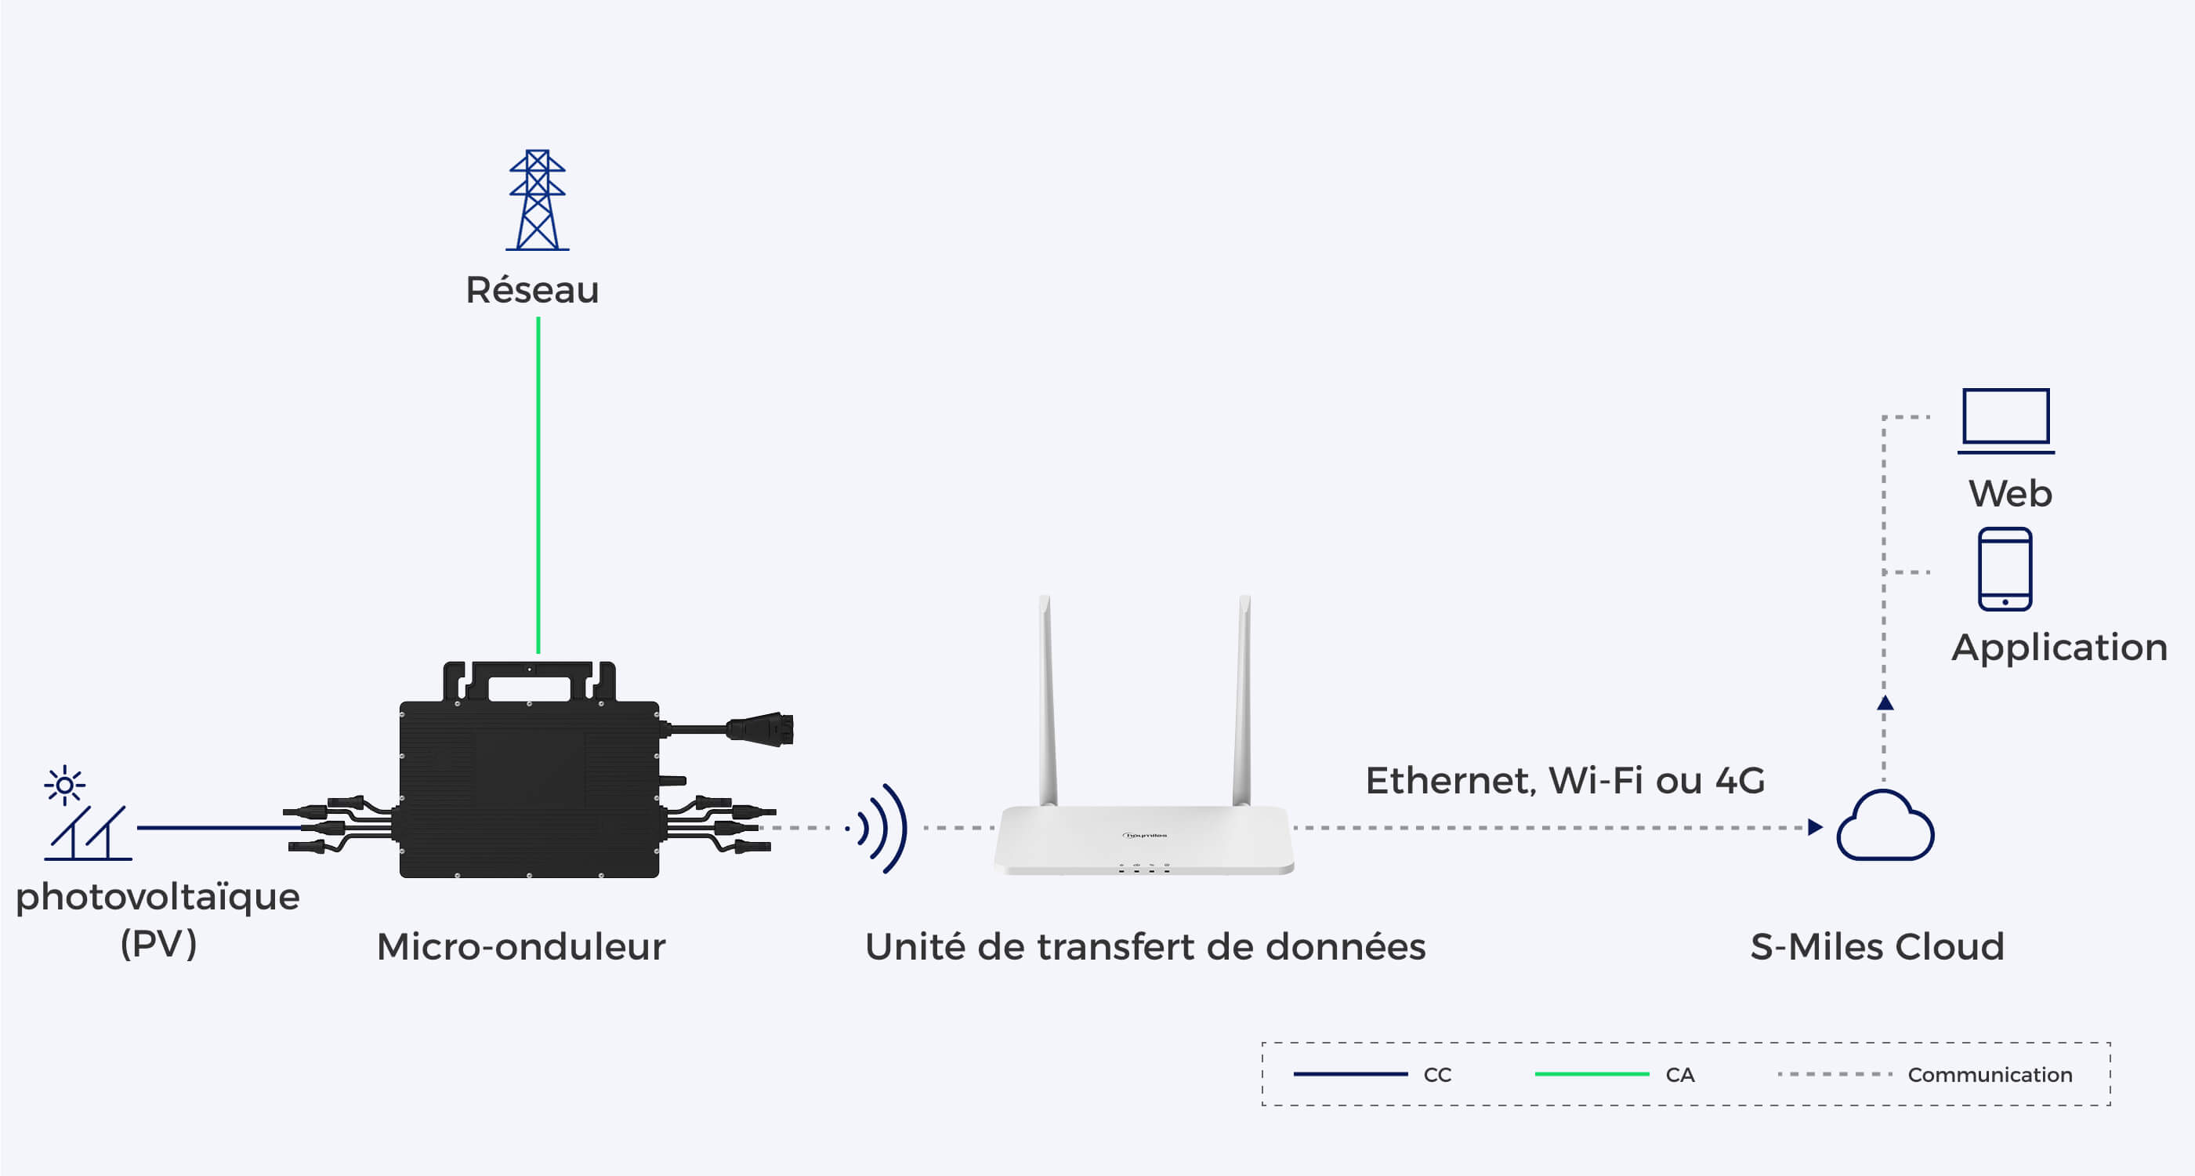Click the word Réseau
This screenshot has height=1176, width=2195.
click(x=533, y=290)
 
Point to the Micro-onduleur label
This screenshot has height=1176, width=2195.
click(x=520, y=947)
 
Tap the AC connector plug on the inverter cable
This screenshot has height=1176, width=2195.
click(x=760, y=729)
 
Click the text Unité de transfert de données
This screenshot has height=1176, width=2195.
click(x=1145, y=947)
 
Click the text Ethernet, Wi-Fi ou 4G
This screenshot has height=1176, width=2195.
click(x=1565, y=781)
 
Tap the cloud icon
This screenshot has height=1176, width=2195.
click(x=1885, y=826)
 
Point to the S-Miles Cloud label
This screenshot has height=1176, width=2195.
click(x=1877, y=947)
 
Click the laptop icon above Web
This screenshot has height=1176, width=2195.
click(x=2006, y=421)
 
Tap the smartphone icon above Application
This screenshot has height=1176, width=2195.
click(x=2005, y=569)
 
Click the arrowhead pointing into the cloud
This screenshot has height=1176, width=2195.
click(x=1815, y=827)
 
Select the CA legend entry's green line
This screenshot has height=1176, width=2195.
click(x=1592, y=1075)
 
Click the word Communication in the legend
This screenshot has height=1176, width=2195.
click(x=1990, y=1076)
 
